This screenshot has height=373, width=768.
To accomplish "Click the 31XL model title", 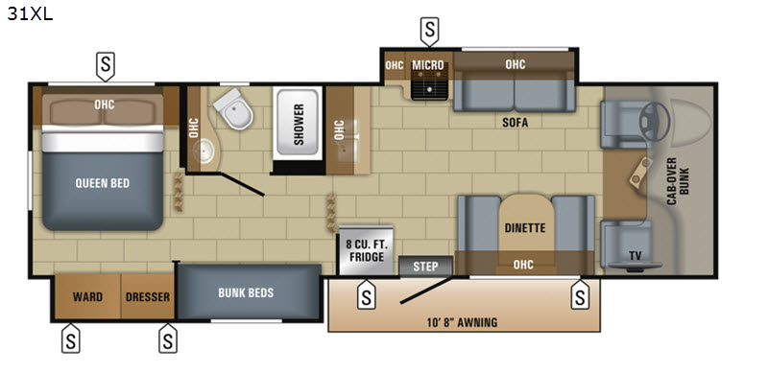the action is pos(30,13).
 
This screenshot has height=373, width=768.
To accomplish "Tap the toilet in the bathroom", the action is pos(233,109).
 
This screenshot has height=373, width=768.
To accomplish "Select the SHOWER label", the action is pos(299,125).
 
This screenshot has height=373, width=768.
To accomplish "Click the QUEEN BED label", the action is pos(103,183).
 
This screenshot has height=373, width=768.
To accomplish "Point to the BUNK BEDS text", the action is pos(246,292).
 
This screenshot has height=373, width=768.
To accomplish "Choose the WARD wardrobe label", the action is pos(87,297).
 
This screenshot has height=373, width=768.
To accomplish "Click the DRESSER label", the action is pos(148,297).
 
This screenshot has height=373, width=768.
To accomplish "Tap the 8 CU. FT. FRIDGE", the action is pos(367,250).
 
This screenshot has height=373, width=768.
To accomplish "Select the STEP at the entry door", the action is pos(425,267).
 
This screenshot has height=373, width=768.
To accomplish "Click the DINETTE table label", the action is pos(525,228).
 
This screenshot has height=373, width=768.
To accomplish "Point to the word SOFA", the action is pos(515,123).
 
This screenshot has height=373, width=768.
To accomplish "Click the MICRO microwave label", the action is pos(427,65).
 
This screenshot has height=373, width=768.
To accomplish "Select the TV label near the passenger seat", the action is pos(636,254).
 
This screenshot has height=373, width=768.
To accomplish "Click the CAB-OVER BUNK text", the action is pos(678,180).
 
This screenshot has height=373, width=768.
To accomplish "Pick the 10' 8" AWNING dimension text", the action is pos(462,322).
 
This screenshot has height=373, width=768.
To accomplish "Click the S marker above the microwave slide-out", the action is pos(429,32).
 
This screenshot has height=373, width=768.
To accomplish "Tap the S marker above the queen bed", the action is pos(106,65).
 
